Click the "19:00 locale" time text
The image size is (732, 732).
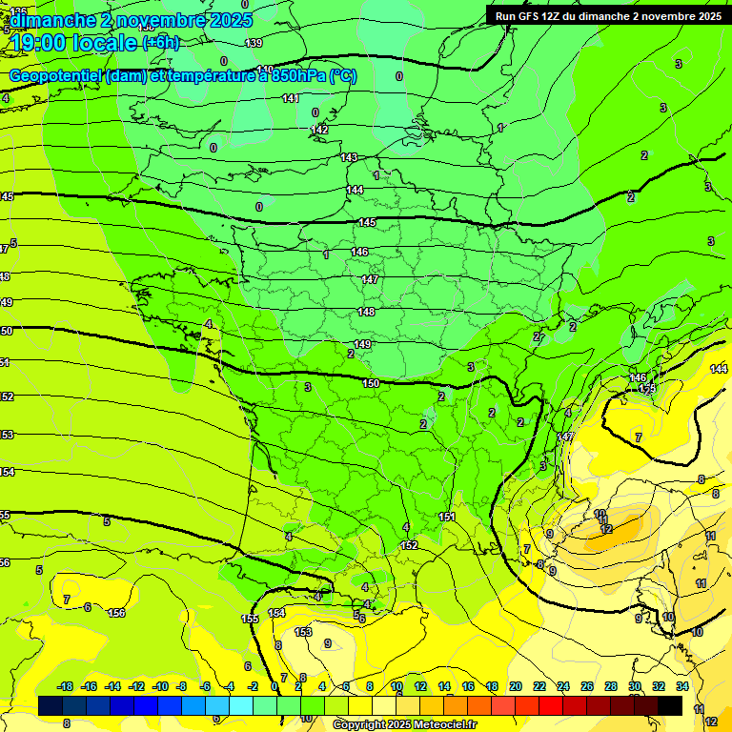pos(75,42)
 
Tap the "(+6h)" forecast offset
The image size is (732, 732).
pos(160,42)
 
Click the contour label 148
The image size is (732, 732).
pos(366,312)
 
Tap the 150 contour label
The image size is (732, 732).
pos(371,383)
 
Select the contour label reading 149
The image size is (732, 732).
pos(362,344)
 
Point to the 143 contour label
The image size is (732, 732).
pos(349,157)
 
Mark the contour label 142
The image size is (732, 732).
pos(320,130)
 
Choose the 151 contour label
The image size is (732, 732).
pos(447,517)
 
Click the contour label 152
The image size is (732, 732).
pos(409,545)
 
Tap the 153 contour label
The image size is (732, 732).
pos(304,632)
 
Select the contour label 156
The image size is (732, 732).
pos(116,613)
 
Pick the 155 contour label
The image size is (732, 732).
pos(250,620)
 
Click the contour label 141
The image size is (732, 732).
pos(291,98)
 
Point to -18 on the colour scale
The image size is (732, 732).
pos(66,686)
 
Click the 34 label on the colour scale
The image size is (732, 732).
pos(682,686)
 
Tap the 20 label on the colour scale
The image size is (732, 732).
pos(516,686)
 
